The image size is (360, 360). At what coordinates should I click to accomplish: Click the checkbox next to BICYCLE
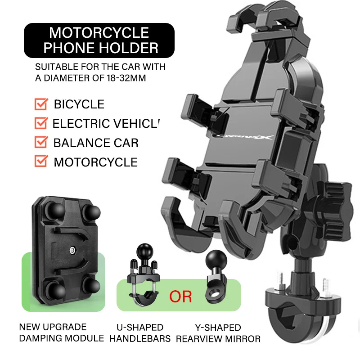[41, 105]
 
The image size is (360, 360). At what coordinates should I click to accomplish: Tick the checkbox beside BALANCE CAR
[41, 143]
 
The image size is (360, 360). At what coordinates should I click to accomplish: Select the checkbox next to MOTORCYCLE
[41, 162]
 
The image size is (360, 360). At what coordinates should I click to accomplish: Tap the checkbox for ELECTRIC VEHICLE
[41, 124]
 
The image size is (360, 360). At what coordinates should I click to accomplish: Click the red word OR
[180, 297]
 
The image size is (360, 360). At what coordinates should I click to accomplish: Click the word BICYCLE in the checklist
[79, 105]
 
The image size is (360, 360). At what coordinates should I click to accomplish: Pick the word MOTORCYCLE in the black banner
[99, 32]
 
